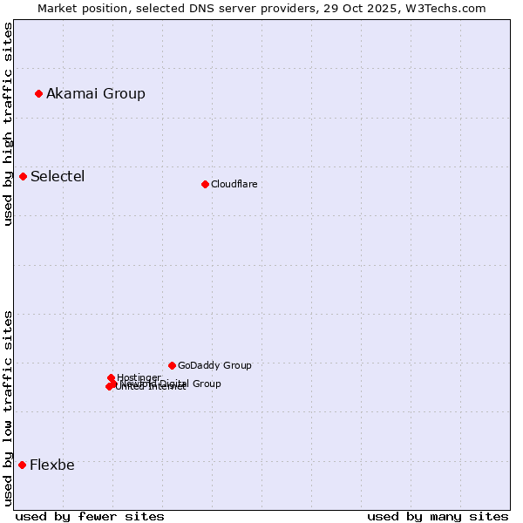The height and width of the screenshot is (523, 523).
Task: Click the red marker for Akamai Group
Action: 38,93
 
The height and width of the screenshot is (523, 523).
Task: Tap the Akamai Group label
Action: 96,93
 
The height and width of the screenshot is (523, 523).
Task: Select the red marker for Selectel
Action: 24,176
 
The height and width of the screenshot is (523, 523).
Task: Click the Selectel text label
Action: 58,176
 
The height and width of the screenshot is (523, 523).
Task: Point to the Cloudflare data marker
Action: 205,184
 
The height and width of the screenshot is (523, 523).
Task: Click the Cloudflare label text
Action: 234,184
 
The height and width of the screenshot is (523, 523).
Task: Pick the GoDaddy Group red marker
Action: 172,365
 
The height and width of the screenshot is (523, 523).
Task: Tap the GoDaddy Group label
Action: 214,365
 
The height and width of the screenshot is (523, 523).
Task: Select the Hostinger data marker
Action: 111,377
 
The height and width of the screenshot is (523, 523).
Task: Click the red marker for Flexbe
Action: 22,465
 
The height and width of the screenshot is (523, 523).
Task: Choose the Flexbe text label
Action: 52,465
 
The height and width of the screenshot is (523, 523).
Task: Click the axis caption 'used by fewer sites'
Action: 90,516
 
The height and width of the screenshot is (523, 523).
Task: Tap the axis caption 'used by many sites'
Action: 438,516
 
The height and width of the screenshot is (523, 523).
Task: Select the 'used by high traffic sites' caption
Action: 8,124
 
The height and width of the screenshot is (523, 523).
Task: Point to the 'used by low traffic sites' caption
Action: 8,407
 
